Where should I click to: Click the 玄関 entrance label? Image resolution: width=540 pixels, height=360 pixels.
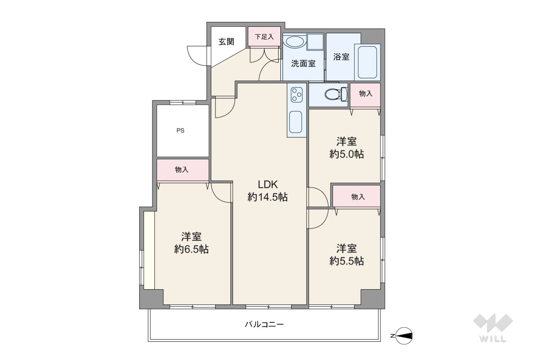pyautogui.click(x=226, y=42)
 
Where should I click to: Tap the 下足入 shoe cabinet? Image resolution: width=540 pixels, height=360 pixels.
pyautogui.click(x=265, y=36)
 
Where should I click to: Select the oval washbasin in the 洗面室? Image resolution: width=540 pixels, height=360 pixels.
pyautogui.click(x=294, y=42)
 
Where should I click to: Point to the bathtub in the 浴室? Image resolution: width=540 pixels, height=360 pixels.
pyautogui.click(x=367, y=62)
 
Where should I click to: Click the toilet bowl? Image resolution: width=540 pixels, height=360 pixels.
pyautogui.click(x=336, y=94)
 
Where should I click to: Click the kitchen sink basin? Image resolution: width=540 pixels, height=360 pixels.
pyautogui.click(x=296, y=122)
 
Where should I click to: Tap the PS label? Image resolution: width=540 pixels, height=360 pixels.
pyautogui.click(x=180, y=131)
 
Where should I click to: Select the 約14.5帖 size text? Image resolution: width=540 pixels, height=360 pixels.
pyautogui.click(x=268, y=197)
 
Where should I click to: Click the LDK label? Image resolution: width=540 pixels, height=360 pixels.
pyautogui.click(x=268, y=184)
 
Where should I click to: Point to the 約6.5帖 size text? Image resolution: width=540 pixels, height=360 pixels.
pyautogui.click(x=191, y=249)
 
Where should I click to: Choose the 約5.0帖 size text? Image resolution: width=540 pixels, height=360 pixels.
pyautogui.click(x=347, y=154)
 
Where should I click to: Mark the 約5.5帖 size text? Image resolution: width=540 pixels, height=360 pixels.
pyautogui.click(x=347, y=261)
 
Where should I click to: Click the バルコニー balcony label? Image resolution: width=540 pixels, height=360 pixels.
pyautogui.click(x=264, y=324)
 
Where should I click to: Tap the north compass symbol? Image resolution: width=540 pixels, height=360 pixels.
pyautogui.click(x=403, y=336)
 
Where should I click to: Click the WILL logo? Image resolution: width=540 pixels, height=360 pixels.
pyautogui.click(x=493, y=328)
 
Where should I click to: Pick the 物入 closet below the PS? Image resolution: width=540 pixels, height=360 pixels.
pyautogui.click(x=183, y=170)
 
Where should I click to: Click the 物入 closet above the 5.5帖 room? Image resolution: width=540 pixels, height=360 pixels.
pyautogui.click(x=357, y=196)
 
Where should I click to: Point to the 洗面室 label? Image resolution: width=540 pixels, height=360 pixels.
pyautogui.click(x=303, y=64)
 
